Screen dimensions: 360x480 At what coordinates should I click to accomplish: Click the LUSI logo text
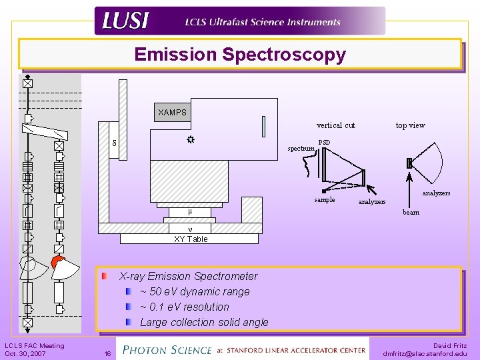[x=125, y=21]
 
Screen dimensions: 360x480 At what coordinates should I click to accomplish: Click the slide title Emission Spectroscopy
[x=240, y=55]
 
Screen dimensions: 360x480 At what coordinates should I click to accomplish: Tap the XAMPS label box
[x=173, y=112]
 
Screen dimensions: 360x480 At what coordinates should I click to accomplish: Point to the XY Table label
[x=191, y=239]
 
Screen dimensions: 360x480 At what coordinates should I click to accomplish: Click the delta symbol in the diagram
[x=114, y=143]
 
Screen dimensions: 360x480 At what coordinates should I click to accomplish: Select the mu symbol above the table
[x=190, y=212]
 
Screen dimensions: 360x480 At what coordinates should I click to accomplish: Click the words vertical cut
[x=335, y=125]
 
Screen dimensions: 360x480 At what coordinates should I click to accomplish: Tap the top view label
[x=410, y=125]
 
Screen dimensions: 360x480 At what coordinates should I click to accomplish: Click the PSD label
[x=324, y=142]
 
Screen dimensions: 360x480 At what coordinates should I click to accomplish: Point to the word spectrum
[x=301, y=149]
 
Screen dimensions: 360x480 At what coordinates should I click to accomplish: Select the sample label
[x=325, y=199]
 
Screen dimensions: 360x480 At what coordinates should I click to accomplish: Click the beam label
[x=411, y=213]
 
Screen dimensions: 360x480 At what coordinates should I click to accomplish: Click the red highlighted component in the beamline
[x=58, y=261]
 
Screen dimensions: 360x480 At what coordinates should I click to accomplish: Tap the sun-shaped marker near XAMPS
[x=190, y=140]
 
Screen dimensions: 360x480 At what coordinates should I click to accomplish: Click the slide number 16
[x=107, y=354]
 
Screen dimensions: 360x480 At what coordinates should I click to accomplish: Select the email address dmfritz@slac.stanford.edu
[x=425, y=354]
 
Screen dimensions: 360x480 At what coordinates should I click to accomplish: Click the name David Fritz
[x=450, y=346]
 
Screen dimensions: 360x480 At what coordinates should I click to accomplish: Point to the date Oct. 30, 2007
[x=25, y=354]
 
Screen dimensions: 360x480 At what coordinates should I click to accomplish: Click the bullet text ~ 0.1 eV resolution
[x=185, y=307]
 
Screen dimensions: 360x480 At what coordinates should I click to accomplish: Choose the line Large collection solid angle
[x=204, y=322]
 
